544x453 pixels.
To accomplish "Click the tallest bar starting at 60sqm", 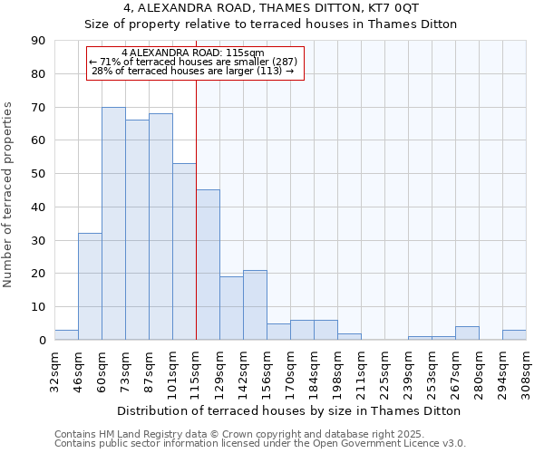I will coord(113,224).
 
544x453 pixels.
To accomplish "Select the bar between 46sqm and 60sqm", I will coord(90,286).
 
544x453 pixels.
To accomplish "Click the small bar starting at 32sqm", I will coord(66,335).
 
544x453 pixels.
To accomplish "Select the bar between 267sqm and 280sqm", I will coord(467,333).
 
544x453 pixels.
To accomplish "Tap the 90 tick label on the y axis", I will coord(38,41).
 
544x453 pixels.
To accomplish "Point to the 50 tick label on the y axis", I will coord(38,174).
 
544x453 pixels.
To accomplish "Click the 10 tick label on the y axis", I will coord(38,307).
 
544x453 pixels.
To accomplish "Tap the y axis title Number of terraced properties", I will coord(9,195).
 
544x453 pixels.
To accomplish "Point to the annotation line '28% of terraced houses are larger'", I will coord(193,71).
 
